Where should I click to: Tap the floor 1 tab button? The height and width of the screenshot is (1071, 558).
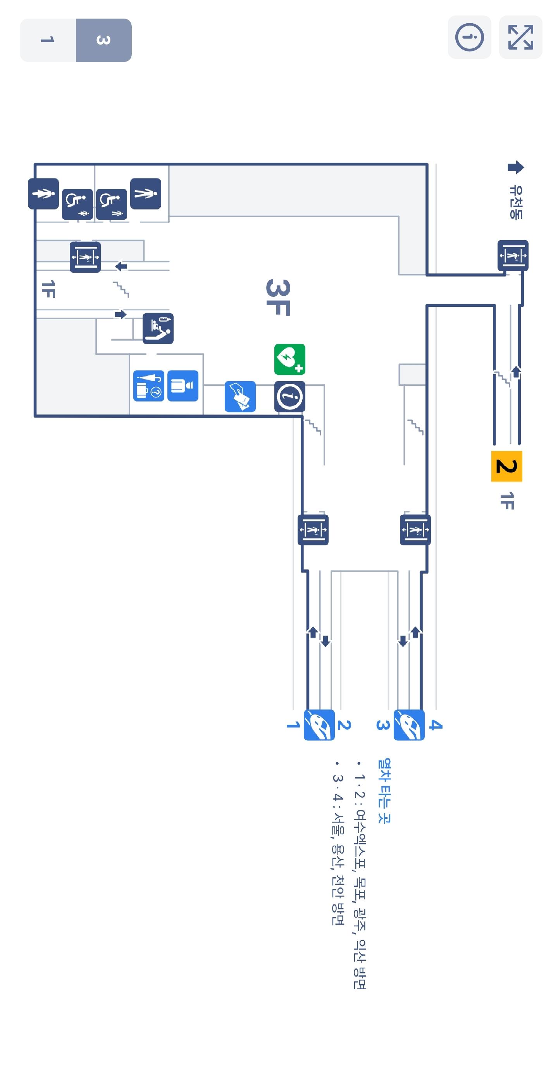click(x=48, y=40)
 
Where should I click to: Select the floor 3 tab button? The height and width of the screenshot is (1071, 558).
click(x=103, y=40)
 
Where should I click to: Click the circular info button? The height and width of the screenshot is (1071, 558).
click(x=469, y=38)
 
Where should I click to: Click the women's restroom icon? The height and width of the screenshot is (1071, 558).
click(x=43, y=193)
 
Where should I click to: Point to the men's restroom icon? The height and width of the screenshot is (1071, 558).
click(x=146, y=193)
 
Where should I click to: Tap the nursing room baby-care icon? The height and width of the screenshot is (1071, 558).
click(x=158, y=328)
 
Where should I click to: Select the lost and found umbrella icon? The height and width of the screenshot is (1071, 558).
click(x=148, y=386)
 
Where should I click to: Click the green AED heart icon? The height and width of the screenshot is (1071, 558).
click(x=290, y=359)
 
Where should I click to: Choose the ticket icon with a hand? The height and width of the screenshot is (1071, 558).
click(x=240, y=397)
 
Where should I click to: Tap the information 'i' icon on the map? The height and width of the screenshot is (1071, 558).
click(x=290, y=397)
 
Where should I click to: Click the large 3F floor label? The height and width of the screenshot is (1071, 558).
click(x=278, y=297)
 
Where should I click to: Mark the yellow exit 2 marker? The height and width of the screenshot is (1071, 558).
click(x=506, y=466)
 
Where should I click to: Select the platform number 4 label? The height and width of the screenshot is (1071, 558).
click(x=435, y=725)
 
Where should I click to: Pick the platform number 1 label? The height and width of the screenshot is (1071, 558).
click(x=293, y=725)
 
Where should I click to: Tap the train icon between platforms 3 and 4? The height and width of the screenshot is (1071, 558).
click(x=409, y=725)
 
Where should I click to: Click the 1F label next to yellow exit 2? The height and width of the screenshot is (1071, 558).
click(x=506, y=500)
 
